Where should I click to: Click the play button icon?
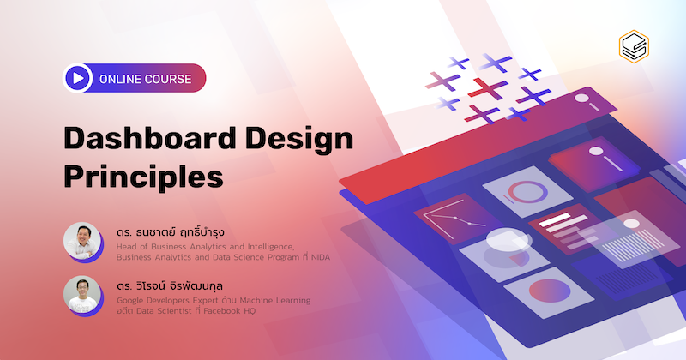coord(78,79)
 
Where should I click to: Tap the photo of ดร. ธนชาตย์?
coord(81,241)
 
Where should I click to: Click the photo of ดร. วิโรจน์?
coord(81,294)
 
